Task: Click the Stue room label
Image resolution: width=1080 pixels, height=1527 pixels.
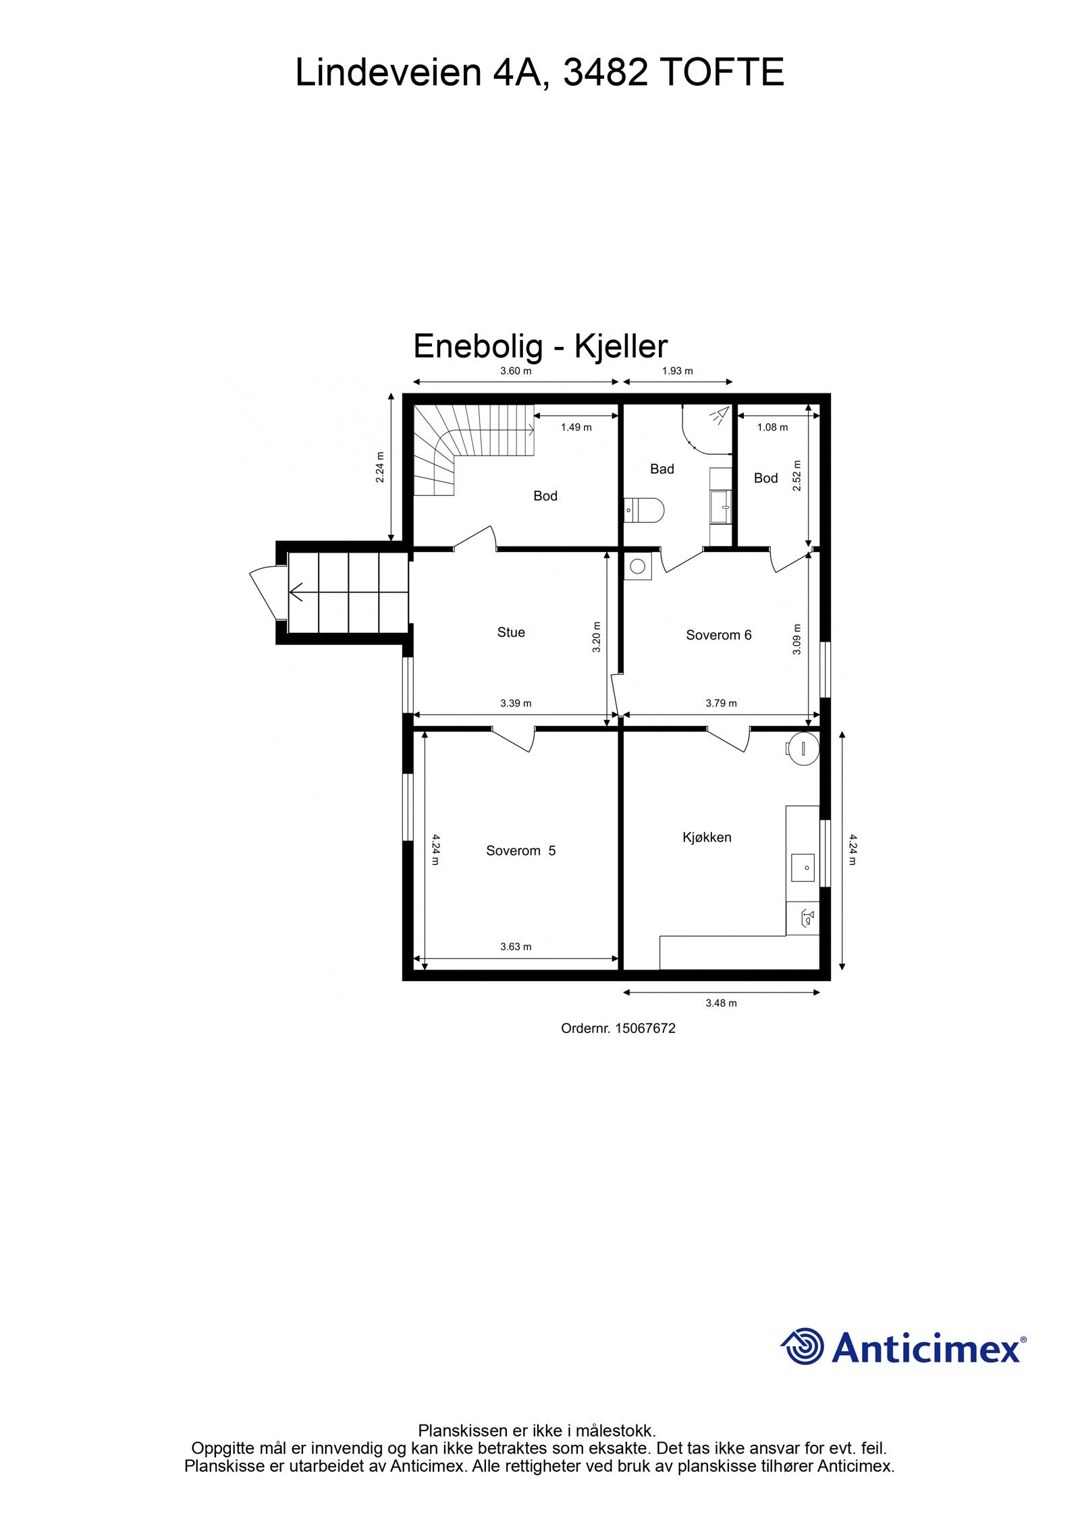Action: click(510, 632)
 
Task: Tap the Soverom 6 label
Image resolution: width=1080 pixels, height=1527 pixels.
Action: click(718, 635)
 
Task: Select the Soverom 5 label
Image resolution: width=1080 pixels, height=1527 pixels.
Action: click(520, 851)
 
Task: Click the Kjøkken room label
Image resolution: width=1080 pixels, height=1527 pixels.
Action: click(707, 837)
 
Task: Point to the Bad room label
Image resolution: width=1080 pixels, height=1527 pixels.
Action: click(661, 469)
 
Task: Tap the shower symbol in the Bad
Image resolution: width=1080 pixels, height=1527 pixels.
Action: click(720, 414)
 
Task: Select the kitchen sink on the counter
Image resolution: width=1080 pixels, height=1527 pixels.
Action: click(803, 867)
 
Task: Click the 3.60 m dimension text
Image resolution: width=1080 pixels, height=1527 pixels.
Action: click(516, 370)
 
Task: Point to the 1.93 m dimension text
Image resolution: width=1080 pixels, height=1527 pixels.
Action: click(677, 370)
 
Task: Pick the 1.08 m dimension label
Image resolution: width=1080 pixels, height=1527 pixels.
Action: click(772, 427)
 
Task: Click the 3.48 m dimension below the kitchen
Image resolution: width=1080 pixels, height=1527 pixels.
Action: click(721, 1003)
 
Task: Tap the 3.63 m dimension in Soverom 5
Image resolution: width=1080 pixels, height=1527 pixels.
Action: click(516, 947)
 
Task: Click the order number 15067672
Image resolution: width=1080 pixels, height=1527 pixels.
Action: click(645, 1028)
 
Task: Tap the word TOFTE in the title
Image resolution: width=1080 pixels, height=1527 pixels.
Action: click(721, 73)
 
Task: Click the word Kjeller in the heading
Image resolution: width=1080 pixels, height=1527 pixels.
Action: click(621, 347)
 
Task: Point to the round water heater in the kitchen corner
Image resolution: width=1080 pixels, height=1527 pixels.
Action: click(804, 748)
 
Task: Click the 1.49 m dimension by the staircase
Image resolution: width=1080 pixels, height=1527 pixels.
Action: click(576, 427)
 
